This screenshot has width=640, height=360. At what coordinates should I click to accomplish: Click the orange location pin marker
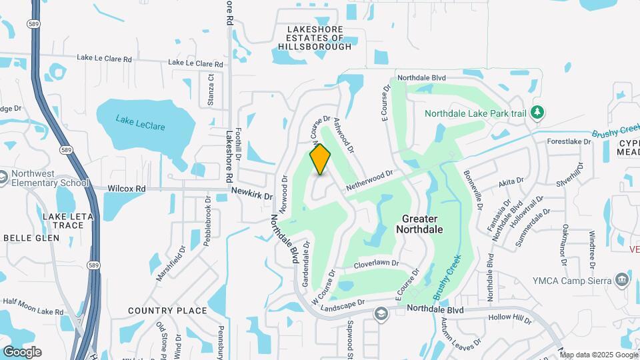pos(321,159)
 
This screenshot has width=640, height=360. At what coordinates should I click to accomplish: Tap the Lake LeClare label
pos(140,123)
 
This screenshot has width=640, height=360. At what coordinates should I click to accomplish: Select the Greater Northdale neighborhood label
pos(419,224)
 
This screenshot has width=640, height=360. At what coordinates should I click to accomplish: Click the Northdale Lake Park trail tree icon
pos(537,113)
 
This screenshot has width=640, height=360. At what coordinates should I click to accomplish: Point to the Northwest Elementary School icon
pos(3,178)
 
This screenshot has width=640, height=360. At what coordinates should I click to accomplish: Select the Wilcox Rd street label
pos(126,189)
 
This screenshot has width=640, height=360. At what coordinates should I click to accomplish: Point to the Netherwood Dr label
pos(369,181)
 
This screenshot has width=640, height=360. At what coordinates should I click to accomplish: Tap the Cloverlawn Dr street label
pos(376,265)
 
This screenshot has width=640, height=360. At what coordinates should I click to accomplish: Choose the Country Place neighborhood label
pos(167,311)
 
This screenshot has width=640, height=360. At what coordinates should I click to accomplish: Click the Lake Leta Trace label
pos(64,221)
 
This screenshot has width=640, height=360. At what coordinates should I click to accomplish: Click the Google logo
pos(22,351)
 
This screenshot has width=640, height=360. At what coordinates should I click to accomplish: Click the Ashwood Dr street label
pos(343,134)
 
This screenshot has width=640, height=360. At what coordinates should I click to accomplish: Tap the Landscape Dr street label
pos(343,303)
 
